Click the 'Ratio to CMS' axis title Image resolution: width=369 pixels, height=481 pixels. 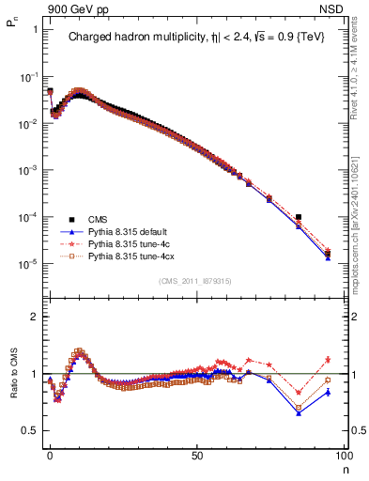[x=11, y=385]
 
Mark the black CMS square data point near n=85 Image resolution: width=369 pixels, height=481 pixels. [x=299, y=217]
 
